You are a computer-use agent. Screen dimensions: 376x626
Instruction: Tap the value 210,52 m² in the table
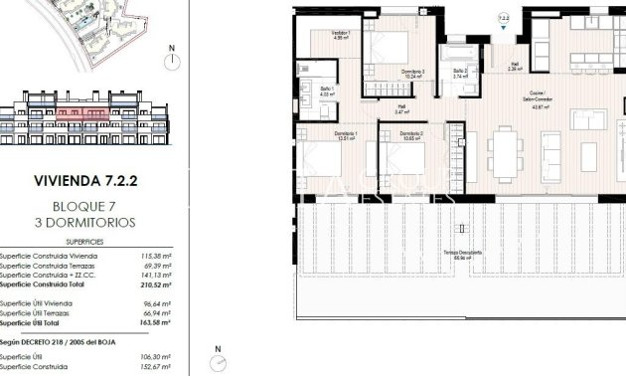point(156,284)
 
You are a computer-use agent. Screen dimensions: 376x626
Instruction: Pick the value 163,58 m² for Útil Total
point(156,322)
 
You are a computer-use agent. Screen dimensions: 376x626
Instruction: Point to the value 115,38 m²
point(156,256)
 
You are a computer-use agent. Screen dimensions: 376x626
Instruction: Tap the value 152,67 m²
point(156,366)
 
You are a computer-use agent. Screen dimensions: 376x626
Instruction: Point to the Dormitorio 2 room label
point(412,135)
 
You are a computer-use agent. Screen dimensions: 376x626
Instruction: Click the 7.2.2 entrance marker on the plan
point(504,17)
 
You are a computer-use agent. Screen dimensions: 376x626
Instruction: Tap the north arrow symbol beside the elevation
point(172,60)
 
